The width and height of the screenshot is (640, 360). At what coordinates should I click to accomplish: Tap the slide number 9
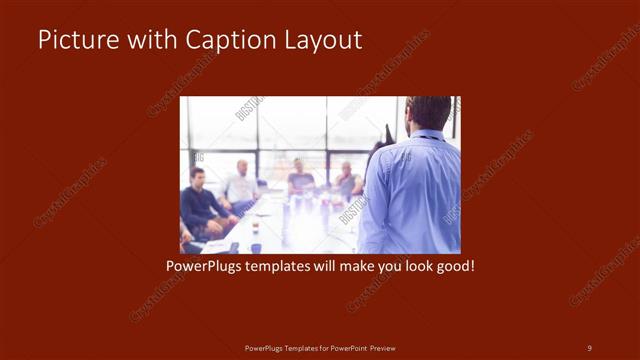589,347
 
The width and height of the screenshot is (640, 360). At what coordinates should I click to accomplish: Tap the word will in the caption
334,268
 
